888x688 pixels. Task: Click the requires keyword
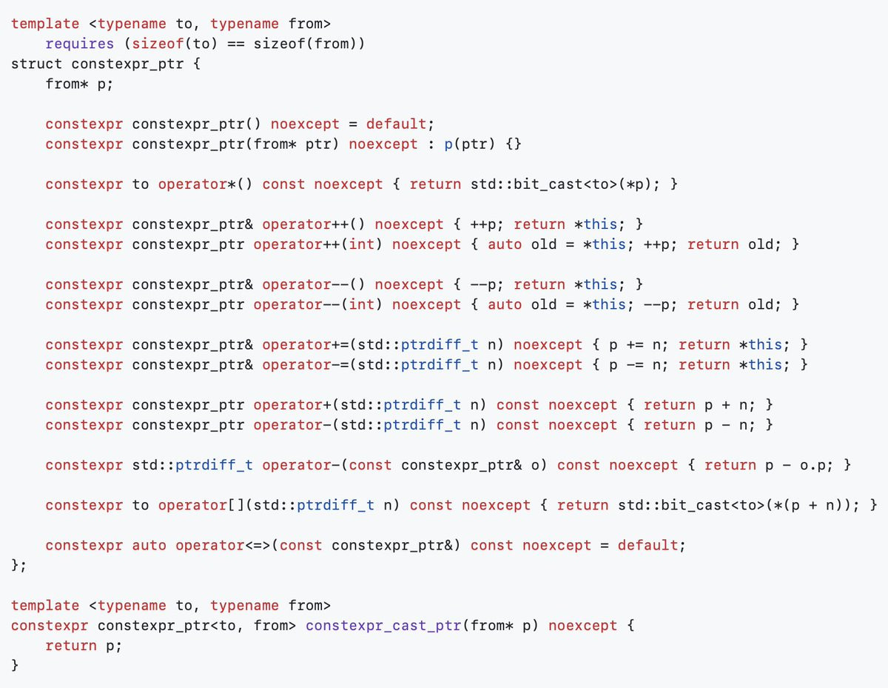[x=80, y=44]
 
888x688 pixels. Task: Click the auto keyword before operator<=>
[x=149, y=545]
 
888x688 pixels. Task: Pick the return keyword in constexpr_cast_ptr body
[x=71, y=646]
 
